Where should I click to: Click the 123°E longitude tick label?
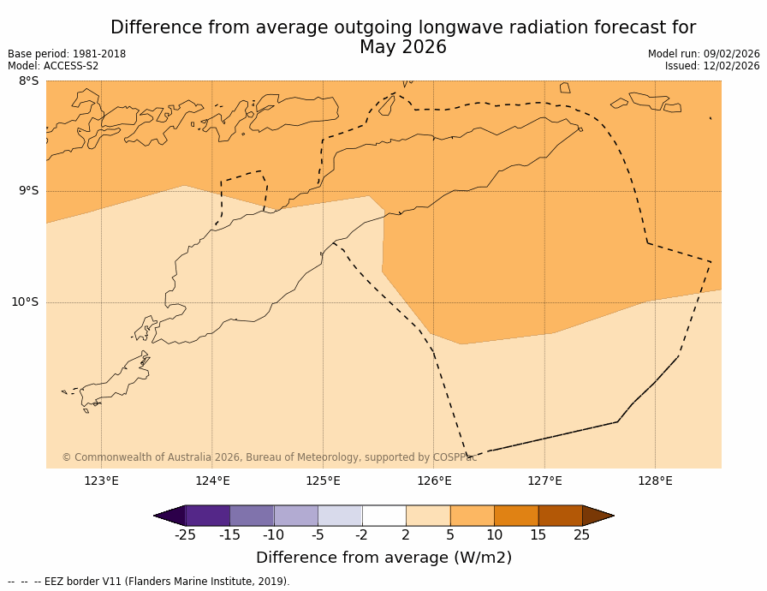click(101, 481)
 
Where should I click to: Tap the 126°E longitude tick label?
click(434, 481)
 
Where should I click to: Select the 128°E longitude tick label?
click(655, 481)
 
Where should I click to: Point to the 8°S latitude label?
click(28, 81)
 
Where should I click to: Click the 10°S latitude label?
click(25, 301)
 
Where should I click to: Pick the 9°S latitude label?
click(28, 191)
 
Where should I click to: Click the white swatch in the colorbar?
click(383, 516)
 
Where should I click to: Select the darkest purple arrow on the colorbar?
click(169, 516)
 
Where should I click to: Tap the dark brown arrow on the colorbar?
click(598, 516)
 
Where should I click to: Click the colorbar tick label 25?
click(582, 535)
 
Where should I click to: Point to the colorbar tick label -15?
click(229, 535)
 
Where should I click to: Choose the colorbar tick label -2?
click(362, 535)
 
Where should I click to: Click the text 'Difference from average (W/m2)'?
click(383, 558)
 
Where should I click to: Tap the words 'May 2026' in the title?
click(402, 48)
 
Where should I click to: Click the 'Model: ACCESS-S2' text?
click(53, 66)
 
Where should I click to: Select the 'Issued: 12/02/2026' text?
click(712, 66)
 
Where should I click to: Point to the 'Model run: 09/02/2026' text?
click(704, 54)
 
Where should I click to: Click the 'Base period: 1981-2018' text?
click(67, 54)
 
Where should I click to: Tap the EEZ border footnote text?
click(149, 582)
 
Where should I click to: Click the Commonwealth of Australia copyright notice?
click(269, 457)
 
